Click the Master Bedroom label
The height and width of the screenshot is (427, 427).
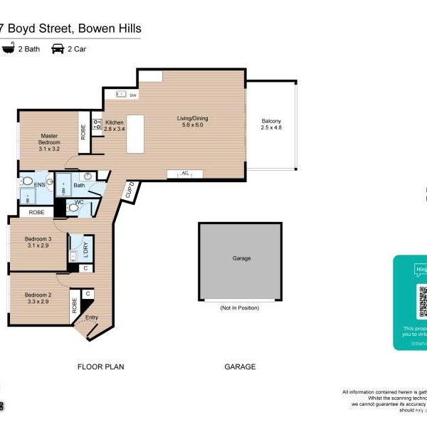(49, 142)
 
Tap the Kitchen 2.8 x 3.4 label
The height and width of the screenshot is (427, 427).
(115, 125)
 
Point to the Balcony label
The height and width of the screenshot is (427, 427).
(271, 124)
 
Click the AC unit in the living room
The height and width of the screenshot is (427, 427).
(184, 173)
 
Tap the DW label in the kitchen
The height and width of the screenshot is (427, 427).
(133, 95)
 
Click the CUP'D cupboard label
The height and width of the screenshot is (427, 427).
(130, 191)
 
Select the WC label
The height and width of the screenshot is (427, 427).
(80, 201)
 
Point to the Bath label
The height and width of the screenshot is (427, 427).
(79, 185)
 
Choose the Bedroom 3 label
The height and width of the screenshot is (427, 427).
(38, 242)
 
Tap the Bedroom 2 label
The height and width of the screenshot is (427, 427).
(38, 298)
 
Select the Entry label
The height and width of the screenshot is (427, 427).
(92, 317)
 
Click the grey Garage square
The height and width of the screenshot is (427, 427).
(241, 261)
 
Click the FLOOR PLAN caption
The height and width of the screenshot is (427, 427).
(100, 367)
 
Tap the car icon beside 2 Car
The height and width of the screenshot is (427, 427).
(58, 48)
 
